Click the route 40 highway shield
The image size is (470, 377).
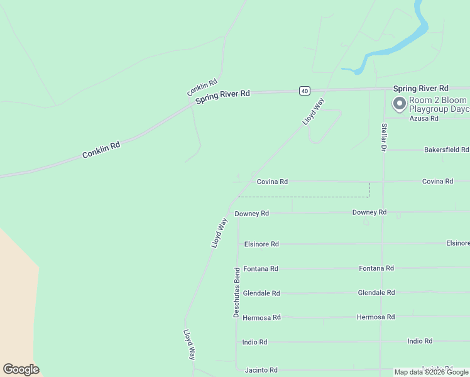[304, 91]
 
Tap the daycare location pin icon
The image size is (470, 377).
[399, 104]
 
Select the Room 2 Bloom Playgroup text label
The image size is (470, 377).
[439, 104]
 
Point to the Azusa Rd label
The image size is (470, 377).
[424, 118]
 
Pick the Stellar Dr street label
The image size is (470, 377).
[383, 137]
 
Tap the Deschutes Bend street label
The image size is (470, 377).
[237, 292]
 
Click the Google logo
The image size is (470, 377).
[21, 369]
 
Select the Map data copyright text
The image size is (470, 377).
[432, 372]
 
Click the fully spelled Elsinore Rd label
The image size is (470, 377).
[261, 244]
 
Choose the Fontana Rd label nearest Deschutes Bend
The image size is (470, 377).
[261, 269]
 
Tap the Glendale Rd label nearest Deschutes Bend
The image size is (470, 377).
[261, 293]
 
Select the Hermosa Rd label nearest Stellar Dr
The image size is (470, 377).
[376, 317]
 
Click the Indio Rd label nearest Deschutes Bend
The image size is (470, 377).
[254, 342]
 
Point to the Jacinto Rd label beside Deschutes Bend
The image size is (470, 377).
[260, 370]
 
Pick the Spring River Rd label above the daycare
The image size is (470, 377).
[421, 89]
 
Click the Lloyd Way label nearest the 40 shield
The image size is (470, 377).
[313, 111]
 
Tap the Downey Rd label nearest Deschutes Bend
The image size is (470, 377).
[252, 214]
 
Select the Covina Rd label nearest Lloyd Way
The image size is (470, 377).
[272, 182]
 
